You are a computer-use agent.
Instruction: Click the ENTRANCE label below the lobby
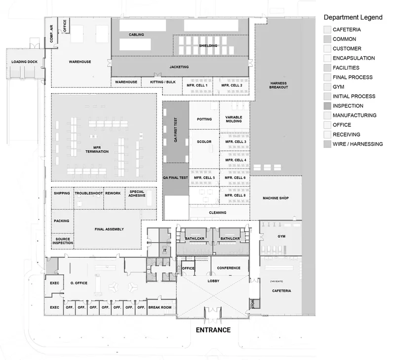pyautogui.click(x=213, y=330)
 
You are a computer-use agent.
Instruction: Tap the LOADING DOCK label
pyautogui.click(x=24, y=62)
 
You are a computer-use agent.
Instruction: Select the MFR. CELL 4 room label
pyautogui.click(x=236, y=160)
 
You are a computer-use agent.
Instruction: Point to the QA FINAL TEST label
pyautogui.click(x=175, y=178)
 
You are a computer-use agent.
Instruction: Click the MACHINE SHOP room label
pyautogui.click(x=276, y=198)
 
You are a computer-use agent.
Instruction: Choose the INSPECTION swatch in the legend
pyautogui.click(x=327, y=106)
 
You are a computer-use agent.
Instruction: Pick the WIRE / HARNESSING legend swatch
pyautogui.click(x=327, y=144)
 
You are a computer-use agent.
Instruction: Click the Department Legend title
pyautogui.click(x=353, y=17)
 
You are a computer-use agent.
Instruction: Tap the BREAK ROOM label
pyautogui.click(x=159, y=307)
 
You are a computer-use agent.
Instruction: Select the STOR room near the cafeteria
pyautogui.click(x=253, y=304)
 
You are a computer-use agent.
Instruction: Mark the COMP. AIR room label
pyautogui.click(x=51, y=34)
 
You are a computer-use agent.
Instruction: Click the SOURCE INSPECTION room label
pyautogui.click(x=63, y=241)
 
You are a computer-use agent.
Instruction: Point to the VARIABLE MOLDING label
pyautogui.click(x=234, y=119)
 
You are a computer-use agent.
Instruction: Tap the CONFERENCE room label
pyautogui.click(x=229, y=268)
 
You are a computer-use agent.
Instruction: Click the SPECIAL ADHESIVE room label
pyautogui.click(x=137, y=194)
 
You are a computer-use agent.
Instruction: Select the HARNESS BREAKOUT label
pyautogui.click(x=278, y=85)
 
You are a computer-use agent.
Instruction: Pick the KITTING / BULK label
pyautogui.click(x=163, y=82)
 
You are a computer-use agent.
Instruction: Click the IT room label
pyautogui.click(x=165, y=251)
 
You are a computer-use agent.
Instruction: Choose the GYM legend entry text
pyautogui.click(x=338, y=87)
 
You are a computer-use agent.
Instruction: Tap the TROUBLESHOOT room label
pyautogui.click(x=89, y=193)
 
